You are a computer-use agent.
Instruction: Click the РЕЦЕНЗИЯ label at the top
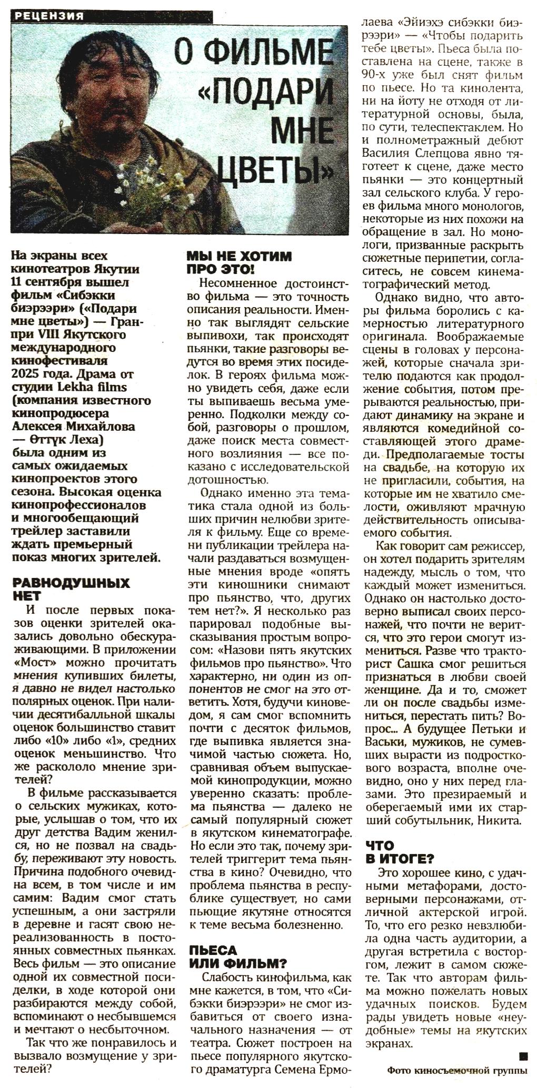[50, 16]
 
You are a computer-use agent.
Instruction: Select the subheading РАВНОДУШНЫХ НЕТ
[71, 589]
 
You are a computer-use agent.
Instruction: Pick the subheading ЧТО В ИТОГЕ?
[400, 852]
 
